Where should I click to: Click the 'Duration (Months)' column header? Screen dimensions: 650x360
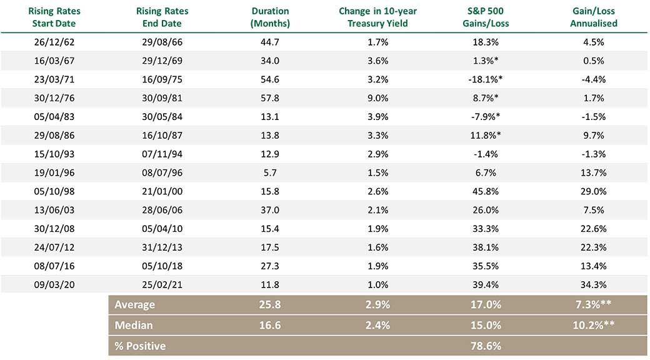tap(270, 17)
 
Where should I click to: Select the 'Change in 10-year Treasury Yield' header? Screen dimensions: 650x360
tap(377, 17)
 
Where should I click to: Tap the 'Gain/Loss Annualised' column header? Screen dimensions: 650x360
tap(594, 17)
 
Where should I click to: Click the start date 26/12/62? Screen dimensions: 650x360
tap(54, 42)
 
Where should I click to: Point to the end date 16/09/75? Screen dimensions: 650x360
tap(162, 79)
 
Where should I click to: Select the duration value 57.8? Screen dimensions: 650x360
tap(270, 98)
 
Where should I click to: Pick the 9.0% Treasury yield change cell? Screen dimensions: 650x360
tap(377, 98)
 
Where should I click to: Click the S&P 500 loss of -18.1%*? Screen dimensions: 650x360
tap(486, 79)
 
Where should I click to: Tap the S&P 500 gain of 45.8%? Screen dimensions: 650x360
tap(486, 191)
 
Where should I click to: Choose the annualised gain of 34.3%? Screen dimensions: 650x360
tap(594, 284)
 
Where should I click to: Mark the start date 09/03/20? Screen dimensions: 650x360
tap(54, 284)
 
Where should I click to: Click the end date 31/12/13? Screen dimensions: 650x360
tap(162, 247)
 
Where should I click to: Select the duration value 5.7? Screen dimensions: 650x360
tap(270, 172)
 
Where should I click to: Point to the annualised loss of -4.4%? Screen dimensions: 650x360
tap(594, 79)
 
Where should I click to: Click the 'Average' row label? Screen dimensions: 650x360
tap(135, 305)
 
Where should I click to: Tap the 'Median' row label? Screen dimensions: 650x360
tap(134, 325)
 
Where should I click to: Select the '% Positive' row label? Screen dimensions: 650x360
tap(140, 346)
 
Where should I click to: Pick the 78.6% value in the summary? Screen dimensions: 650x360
tap(486, 346)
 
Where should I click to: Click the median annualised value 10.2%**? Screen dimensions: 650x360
tap(594, 325)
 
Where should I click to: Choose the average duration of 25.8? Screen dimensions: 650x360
tap(270, 305)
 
